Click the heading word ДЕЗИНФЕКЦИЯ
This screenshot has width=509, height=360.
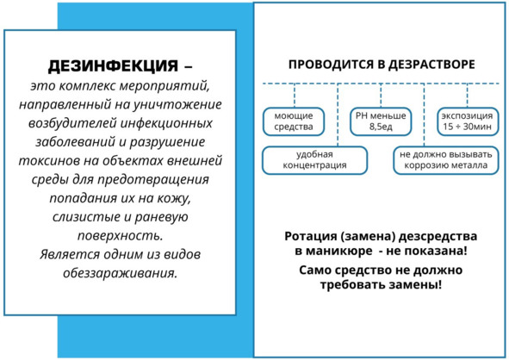click(113, 66)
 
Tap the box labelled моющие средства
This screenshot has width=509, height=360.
click(294, 121)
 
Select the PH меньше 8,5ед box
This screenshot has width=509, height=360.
click(381, 121)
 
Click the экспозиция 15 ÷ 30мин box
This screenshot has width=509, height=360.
click(467, 121)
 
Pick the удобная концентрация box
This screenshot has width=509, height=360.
click(314, 160)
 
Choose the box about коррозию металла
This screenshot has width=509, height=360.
click(446, 160)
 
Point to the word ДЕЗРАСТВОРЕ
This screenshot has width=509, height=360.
click(431, 65)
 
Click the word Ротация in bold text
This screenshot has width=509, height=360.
click(311, 236)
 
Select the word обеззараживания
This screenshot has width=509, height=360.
click(121, 273)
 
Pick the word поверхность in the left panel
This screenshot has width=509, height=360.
click(120, 236)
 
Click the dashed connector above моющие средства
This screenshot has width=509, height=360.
click(295, 96)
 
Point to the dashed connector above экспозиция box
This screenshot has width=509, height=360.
click(468, 96)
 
